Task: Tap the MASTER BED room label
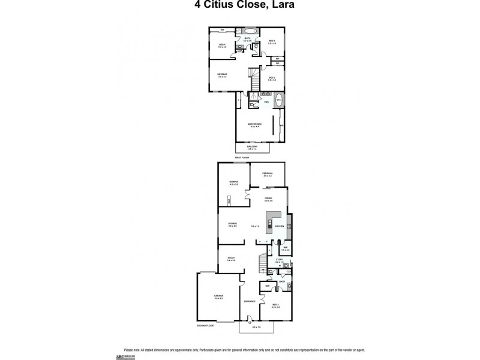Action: click(x=257, y=124)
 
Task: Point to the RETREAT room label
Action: click(x=222, y=74)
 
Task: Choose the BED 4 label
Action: click(x=222, y=45)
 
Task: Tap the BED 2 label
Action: click(x=271, y=78)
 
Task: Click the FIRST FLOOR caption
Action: click(x=242, y=157)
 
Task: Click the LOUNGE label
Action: click(x=232, y=224)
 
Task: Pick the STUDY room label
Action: click(x=231, y=258)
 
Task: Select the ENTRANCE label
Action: click(x=250, y=301)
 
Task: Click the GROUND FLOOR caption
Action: click(x=205, y=325)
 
